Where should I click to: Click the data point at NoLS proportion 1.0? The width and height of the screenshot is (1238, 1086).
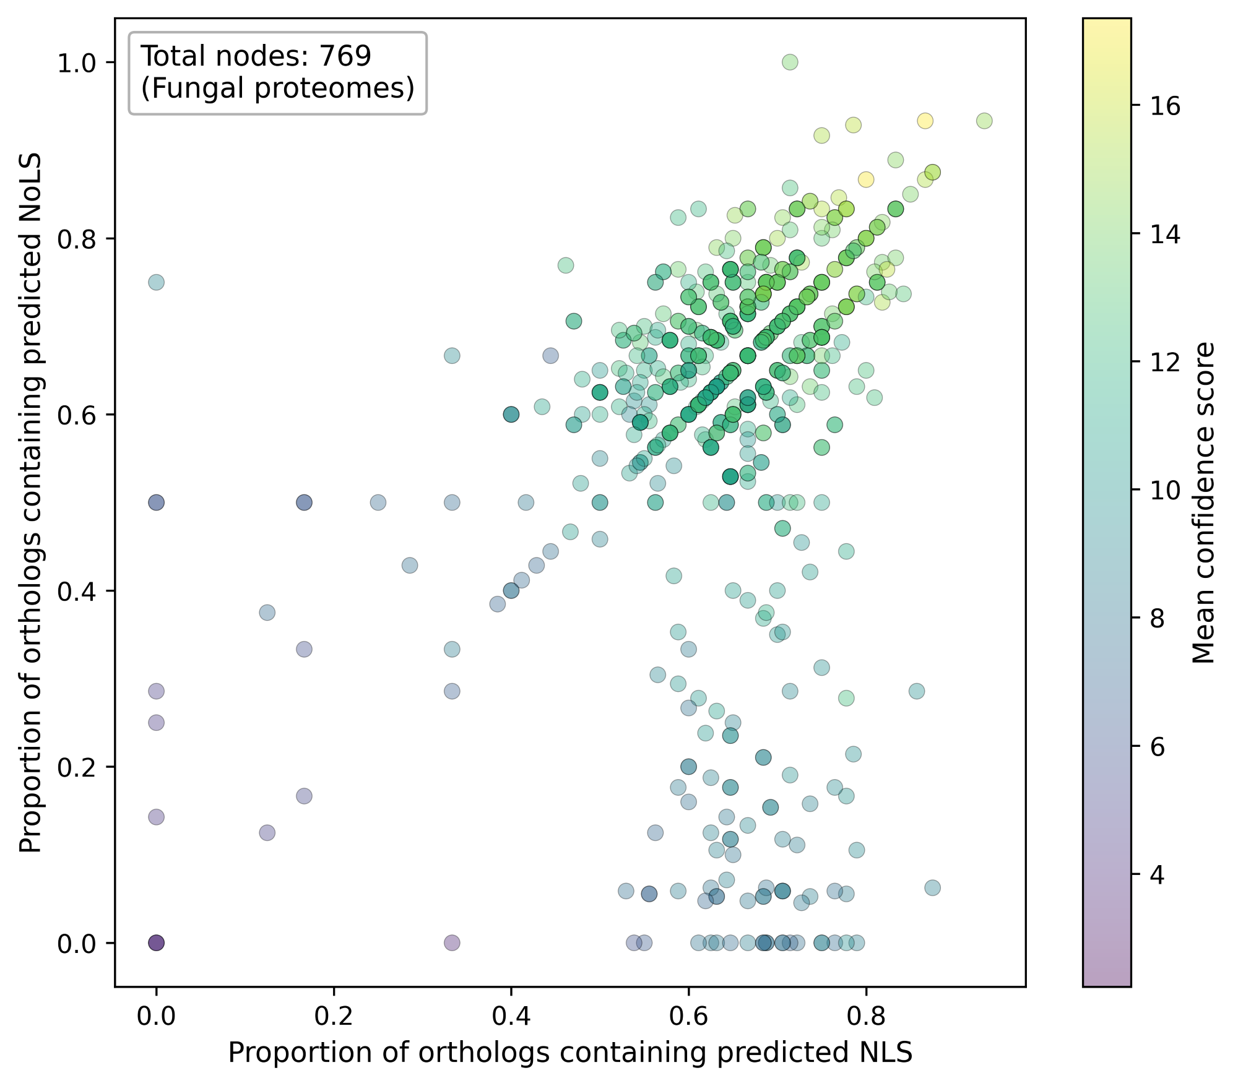(x=790, y=62)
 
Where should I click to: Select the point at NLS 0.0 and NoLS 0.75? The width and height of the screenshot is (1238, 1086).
(x=156, y=282)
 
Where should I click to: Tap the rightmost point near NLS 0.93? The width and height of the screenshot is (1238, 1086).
(x=984, y=121)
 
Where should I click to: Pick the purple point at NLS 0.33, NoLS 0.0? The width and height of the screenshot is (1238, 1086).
(x=452, y=943)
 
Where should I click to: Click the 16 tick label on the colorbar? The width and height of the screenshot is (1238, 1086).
(x=1166, y=107)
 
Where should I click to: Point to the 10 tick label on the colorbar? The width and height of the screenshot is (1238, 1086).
(x=1166, y=491)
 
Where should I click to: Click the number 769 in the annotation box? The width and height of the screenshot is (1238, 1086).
(x=345, y=56)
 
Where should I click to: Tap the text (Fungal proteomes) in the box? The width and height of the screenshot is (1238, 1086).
(x=277, y=88)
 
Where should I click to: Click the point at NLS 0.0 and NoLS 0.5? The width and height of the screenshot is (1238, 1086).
(x=156, y=502)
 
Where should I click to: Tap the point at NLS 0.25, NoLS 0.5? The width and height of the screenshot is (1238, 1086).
(x=378, y=502)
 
